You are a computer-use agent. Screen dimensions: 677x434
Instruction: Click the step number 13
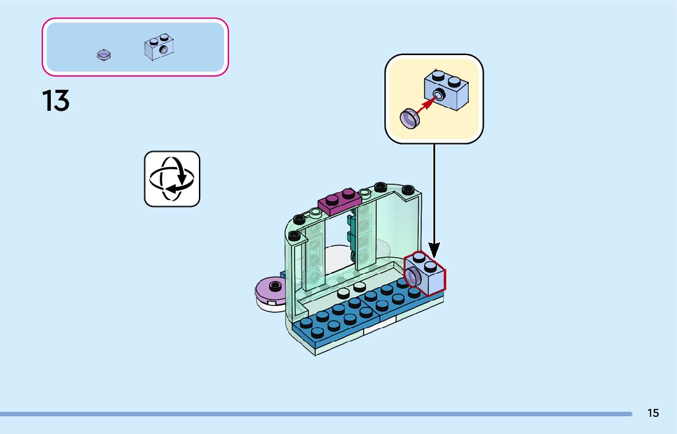click(56, 100)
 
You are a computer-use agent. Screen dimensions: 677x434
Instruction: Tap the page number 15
click(653, 413)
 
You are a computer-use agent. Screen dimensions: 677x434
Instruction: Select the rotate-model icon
click(172, 179)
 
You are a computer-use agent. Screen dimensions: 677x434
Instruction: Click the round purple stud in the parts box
click(104, 56)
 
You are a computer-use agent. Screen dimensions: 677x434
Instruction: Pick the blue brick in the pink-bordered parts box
click(159, 48)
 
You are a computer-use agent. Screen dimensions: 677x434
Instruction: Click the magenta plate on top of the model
click(340, 201)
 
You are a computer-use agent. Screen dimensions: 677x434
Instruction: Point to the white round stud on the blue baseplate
click(359, 286)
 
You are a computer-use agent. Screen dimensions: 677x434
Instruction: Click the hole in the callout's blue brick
click(439, 94)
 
